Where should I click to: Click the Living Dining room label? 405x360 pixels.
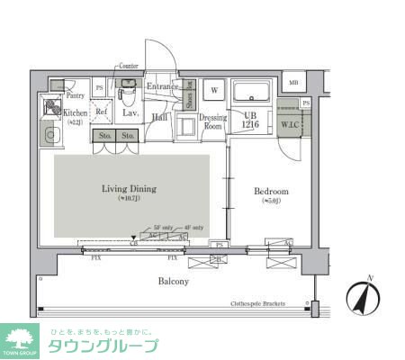pos(130,190)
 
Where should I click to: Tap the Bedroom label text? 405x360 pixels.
pos(270,193)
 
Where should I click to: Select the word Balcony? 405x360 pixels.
pos(174,282)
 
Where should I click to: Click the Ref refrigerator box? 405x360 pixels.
pos(102,112)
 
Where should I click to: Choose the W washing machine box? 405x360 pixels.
pos(214,91)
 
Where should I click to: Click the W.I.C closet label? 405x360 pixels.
pos(290,124)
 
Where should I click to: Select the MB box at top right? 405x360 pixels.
pos(292,84)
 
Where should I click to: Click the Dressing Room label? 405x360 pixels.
pos(212,121)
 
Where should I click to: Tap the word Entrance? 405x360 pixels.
pos(164,86)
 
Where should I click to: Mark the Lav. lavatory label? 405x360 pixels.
pos(129,113)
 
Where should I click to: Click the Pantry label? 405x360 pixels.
pos(75,94)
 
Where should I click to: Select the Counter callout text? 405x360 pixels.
pos(127,67)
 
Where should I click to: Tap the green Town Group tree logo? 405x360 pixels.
pos(20,340)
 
